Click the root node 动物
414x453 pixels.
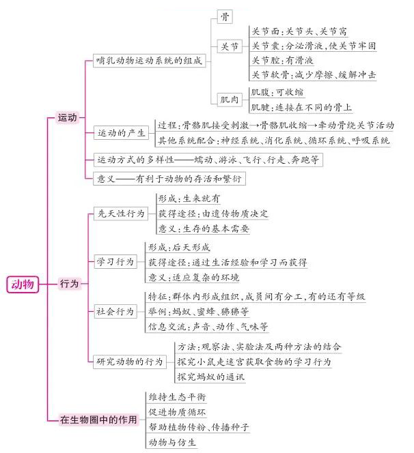tap(23, 284)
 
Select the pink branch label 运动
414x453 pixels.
tap(68, 117)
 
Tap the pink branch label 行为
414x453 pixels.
tap(69, 283)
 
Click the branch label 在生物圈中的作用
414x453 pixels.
tap(98, 419)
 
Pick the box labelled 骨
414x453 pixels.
tap(225, 17)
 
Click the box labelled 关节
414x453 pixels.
tap(230, 46)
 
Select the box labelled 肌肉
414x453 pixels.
tap(230, 100)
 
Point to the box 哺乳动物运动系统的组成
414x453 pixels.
tap(150, 61)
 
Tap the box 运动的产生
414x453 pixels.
tap(121, 133)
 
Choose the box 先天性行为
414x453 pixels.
tap(121, 214)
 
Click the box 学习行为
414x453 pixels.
tap(115, 262)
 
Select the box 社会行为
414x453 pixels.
tap(115, 311)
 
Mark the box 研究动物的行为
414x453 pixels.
tap(130, 362)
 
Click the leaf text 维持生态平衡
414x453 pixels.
tap(177, 397)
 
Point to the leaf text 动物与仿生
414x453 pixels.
tap(172, 442)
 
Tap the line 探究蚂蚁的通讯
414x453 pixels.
tap(211, 377)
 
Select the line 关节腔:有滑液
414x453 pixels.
tap(282, 61)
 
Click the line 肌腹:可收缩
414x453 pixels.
tap(277, 93)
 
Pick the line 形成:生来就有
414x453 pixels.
tap(189, 199)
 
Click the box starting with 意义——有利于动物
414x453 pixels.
tap(169, 179)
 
